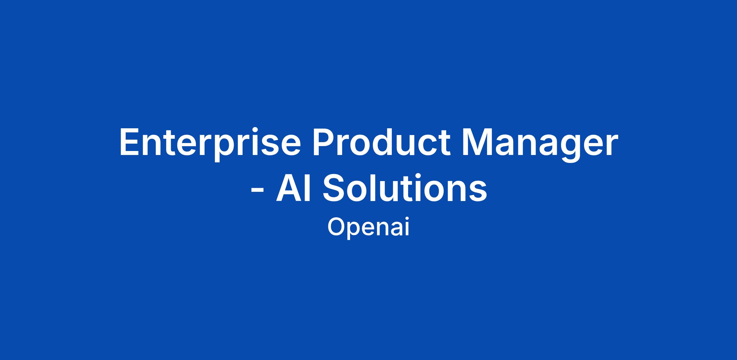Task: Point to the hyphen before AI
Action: coord(257,192)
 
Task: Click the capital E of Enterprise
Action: coord(129,142)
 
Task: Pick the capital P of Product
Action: coord(323,142)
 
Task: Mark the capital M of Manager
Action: coord(476,142)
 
